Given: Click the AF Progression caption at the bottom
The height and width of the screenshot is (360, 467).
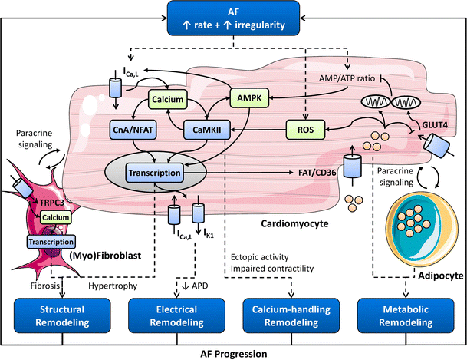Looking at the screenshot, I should (233, 353).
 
